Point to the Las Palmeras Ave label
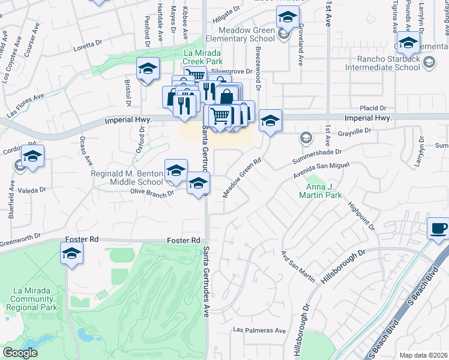(259, 330)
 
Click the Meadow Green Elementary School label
(238, 34)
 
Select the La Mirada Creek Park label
(203, 57)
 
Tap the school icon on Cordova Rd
(33, 157)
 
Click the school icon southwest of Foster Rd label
(71, 254)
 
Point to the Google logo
(20, 353)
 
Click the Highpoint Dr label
(363, 215)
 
